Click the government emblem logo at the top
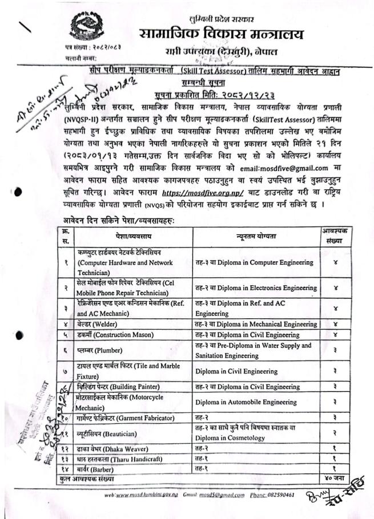pos(89,27)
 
